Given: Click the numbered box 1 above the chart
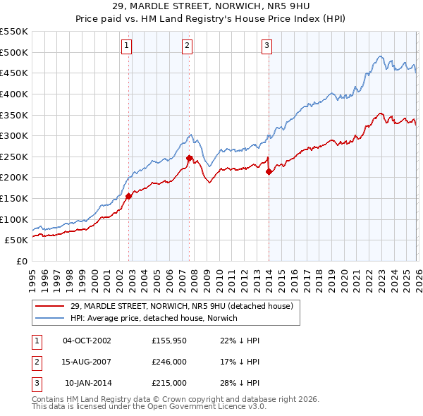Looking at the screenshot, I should (x=125, y=47).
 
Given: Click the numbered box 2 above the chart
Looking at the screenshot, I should (x=187, y=47).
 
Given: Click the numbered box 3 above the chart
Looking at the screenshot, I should (x=267, y=47).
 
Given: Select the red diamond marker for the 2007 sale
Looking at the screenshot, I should (x=190, y=159).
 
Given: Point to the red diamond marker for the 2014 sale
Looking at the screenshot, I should (x=269, y=171).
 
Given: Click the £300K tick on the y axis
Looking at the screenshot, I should (x=14, y=135).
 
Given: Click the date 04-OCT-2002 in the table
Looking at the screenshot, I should (x=87, y=341).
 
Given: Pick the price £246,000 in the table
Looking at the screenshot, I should (x=168, y=362).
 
